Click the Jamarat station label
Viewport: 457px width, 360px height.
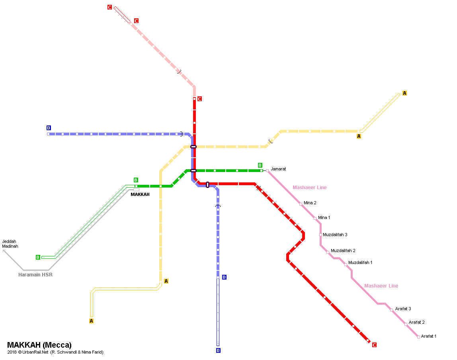tap(278, 169)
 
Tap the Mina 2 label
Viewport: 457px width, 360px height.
tap(310, 203)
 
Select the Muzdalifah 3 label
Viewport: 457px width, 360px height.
tap(335, 235)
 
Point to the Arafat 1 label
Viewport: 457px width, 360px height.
tap(428, 337)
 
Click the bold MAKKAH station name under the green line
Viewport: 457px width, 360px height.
tap(140, 195)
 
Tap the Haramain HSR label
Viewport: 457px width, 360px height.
tap(35, 275)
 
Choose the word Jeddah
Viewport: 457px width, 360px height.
tap(10, 241)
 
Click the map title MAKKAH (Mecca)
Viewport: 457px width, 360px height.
tap(39, 345)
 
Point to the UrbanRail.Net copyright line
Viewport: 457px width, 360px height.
tap(55, 352)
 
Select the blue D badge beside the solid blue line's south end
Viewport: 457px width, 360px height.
tap(224, 277)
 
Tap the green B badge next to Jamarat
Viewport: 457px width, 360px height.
tap(260, 165)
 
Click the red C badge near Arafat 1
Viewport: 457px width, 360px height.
tap(374, 345)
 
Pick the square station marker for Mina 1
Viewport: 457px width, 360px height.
tap(315, 218)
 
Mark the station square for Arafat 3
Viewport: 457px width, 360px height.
tap(391, 310)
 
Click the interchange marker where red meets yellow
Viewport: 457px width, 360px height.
tap(193, 147)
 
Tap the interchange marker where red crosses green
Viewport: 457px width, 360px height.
tap(193, 171)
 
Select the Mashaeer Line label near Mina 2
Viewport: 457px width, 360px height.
tap(309, 188)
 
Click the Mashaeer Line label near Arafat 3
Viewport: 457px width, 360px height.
tap(381, 286)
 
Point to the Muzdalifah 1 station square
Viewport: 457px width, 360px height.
tap(346, 264)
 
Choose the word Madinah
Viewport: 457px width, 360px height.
tap(10, 246)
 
